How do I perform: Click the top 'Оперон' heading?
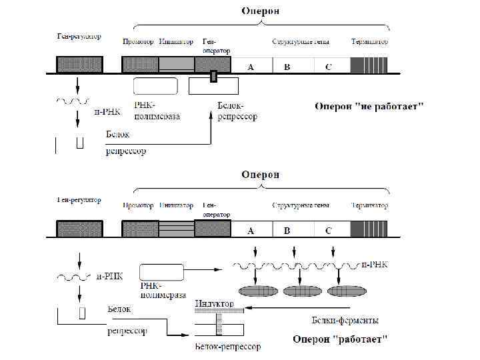coord(260,11)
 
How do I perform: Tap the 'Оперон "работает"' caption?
coord(340,339)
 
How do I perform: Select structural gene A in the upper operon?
coord(251,66)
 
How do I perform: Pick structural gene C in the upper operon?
coord(328,66)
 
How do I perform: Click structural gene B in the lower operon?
coord(287,230)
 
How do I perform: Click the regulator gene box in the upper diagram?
coord(79,65)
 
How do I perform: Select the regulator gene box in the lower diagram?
coord(79,229)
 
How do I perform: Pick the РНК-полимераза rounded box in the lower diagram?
coord(162,272)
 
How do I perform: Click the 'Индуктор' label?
coord(215,304)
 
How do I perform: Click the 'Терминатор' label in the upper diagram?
coord(369,41)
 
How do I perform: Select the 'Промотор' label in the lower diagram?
coord(138,205)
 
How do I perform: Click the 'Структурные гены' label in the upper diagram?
coord(301,41)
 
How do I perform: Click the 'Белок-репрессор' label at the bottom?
coord(227,347)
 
